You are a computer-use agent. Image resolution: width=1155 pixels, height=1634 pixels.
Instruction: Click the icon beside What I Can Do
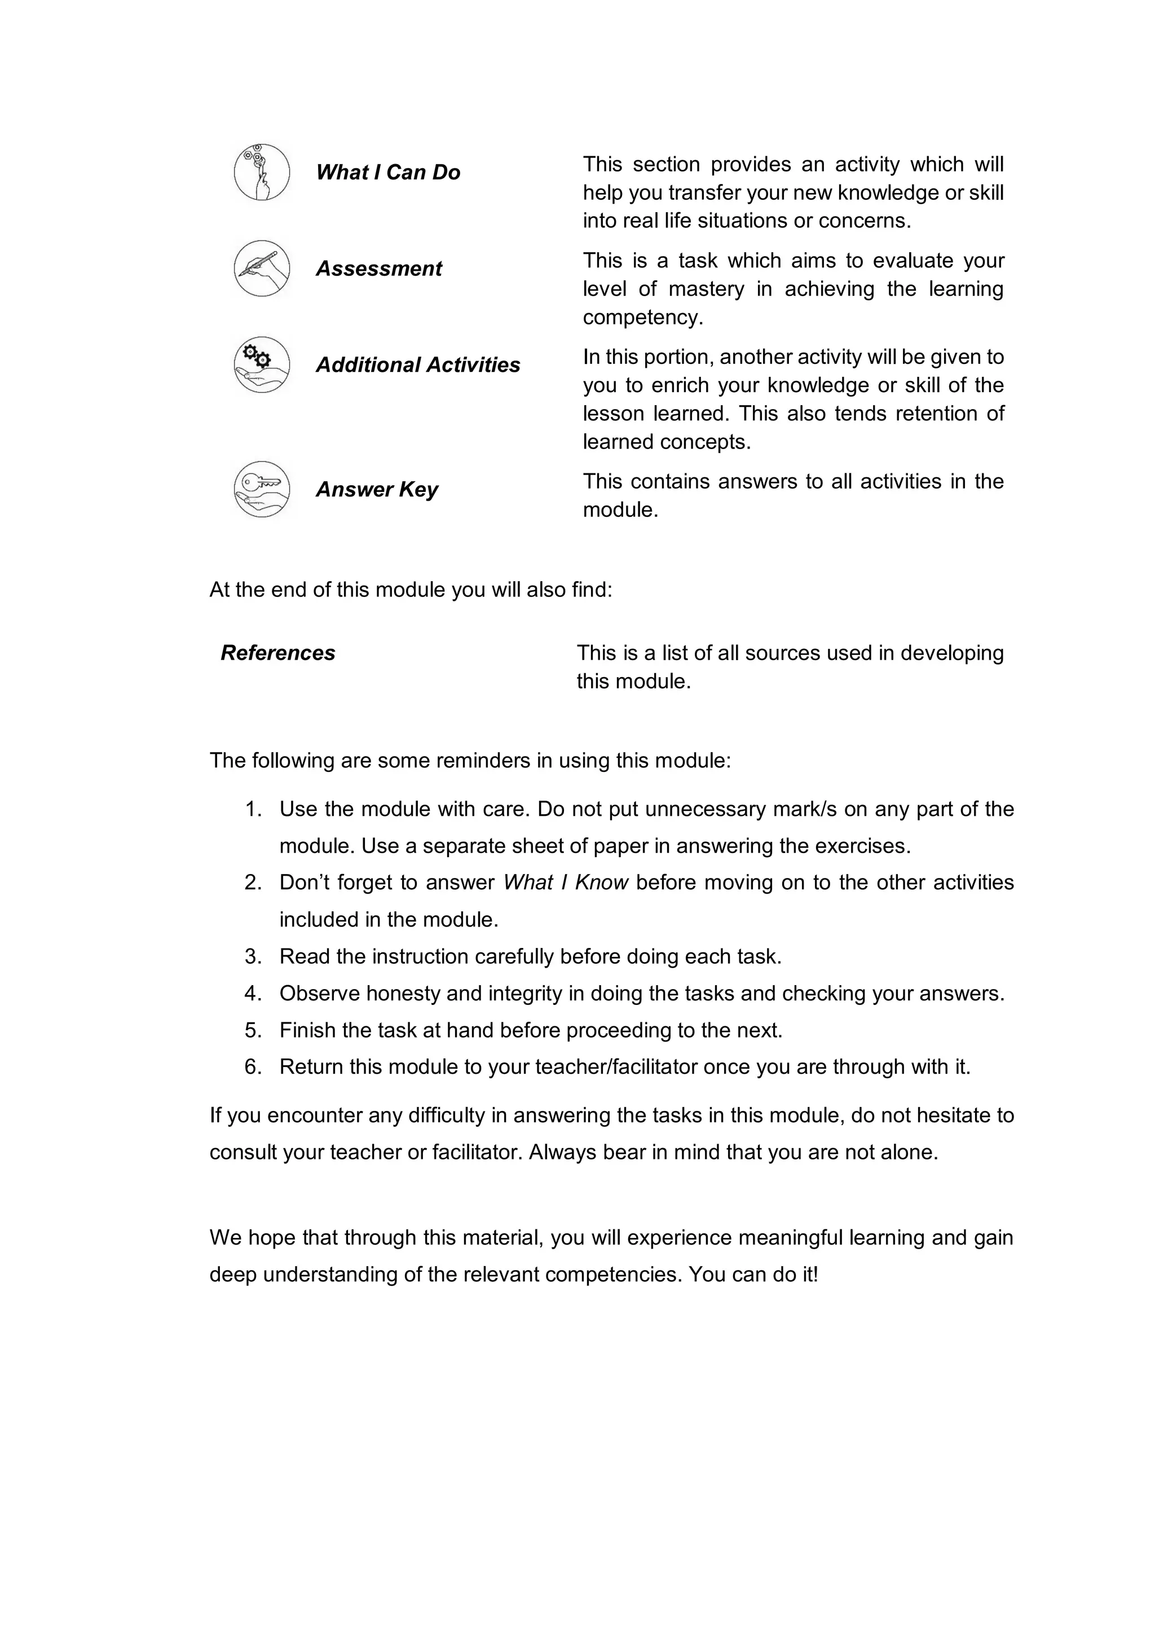pos(262,172)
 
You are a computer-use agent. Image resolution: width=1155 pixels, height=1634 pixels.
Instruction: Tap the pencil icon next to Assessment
pos(262,269)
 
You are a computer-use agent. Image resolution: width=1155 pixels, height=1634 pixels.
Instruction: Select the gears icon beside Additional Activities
pos(262,364)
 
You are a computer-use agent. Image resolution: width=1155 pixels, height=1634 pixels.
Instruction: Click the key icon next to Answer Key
pos(262,489)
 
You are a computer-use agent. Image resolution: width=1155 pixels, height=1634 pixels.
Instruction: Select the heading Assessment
pos(378,269)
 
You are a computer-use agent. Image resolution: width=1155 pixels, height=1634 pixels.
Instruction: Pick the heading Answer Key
pos(376,489)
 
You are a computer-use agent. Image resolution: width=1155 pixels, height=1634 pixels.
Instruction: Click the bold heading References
pos(277,653)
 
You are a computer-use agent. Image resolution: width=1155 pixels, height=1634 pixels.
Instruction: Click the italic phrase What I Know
pos(566,882)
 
